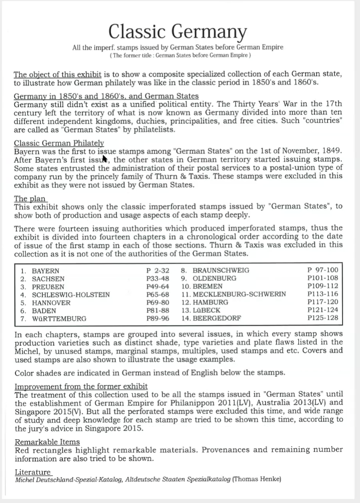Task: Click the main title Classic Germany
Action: (x=178, y=32)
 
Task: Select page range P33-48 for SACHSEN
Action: (x=157, y=278)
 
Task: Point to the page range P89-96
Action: (x=157, y=318)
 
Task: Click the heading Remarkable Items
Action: (x=47, y=442)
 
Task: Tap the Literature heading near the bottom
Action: (x=32, y=472)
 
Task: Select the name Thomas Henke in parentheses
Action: (x=258, y=480)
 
